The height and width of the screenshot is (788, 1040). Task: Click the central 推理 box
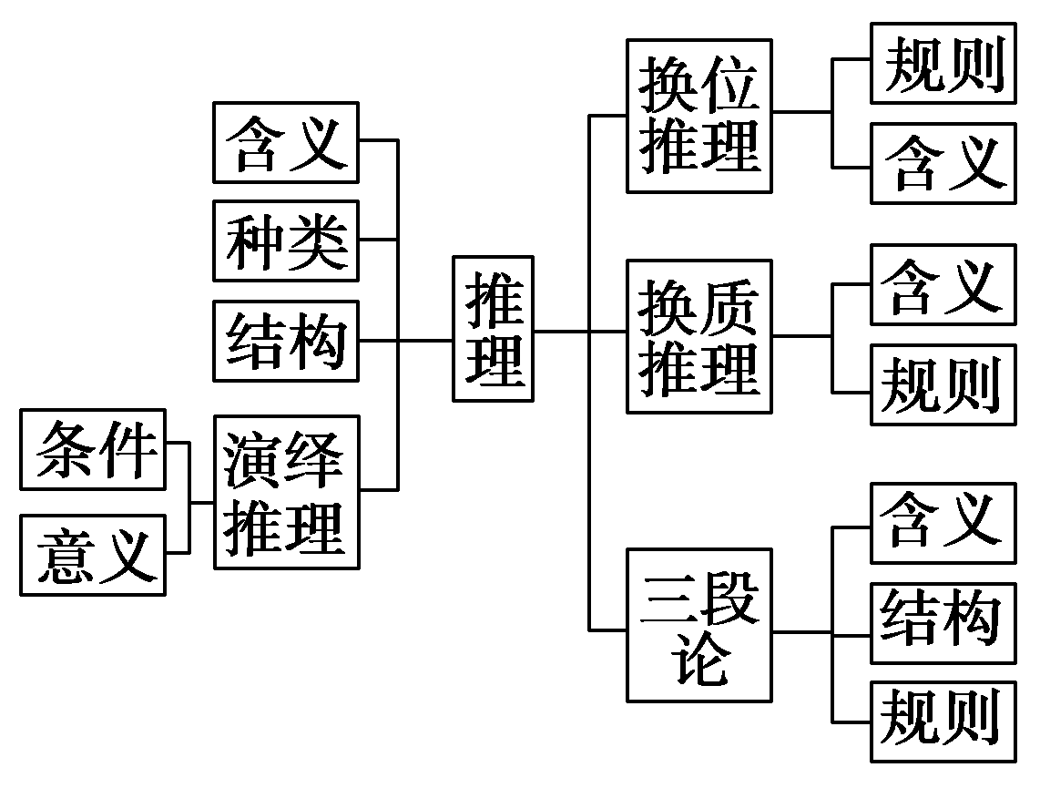pyautogui.click(x=493, y=329)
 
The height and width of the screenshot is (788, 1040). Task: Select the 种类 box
pyautogui.click(x=286, y=240)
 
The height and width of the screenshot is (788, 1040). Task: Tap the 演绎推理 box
pyautogui.click(x=287, y=493)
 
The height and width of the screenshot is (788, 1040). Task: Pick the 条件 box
pyautogui.click(x=93, y=450)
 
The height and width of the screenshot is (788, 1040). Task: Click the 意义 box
pyautogui.click(x=93, y=555)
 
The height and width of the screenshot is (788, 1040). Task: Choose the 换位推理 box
pyautogui.click(x=698, y=116)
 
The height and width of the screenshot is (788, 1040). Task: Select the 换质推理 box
pyautogui.click(x=698, y=336)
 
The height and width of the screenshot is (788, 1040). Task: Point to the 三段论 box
pyautogui.click(x=698, y=625)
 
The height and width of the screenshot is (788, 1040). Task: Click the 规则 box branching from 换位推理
pyautogui.click(x=943, y=64)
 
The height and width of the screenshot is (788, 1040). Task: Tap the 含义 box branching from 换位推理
pyautogui.click(x=943, y=164)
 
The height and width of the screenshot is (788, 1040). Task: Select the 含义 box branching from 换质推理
pyautogui.click(x=943, y=284)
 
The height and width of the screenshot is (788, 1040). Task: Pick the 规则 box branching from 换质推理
pyautogui.click(x=943, y=384)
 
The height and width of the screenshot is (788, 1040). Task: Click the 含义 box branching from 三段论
pyautogui.click(x=943, y=523)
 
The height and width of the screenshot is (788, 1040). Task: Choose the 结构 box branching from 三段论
pyautogui.click(x=943, y=623)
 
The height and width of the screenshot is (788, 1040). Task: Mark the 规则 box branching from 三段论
pyautogui.click(x=943, y=721)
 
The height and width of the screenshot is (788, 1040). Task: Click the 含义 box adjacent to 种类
pyautogui.click(x=286, y=142)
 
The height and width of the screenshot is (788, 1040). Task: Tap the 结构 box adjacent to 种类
pyautogui.click(x=286, y=341)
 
